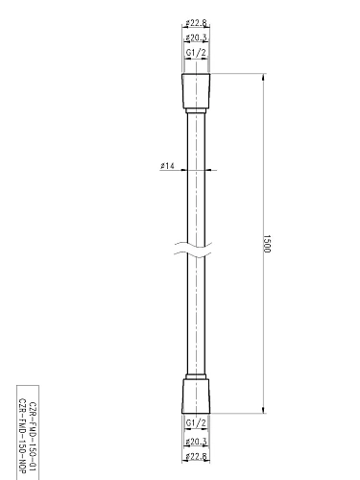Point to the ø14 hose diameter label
tap(167, 166)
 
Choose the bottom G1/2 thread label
tap(195, 422)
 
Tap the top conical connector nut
tap(195, 91)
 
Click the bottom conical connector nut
tap(195, 396)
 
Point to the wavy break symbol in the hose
tap(195, 257)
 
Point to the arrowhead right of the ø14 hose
tap(205, 172)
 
